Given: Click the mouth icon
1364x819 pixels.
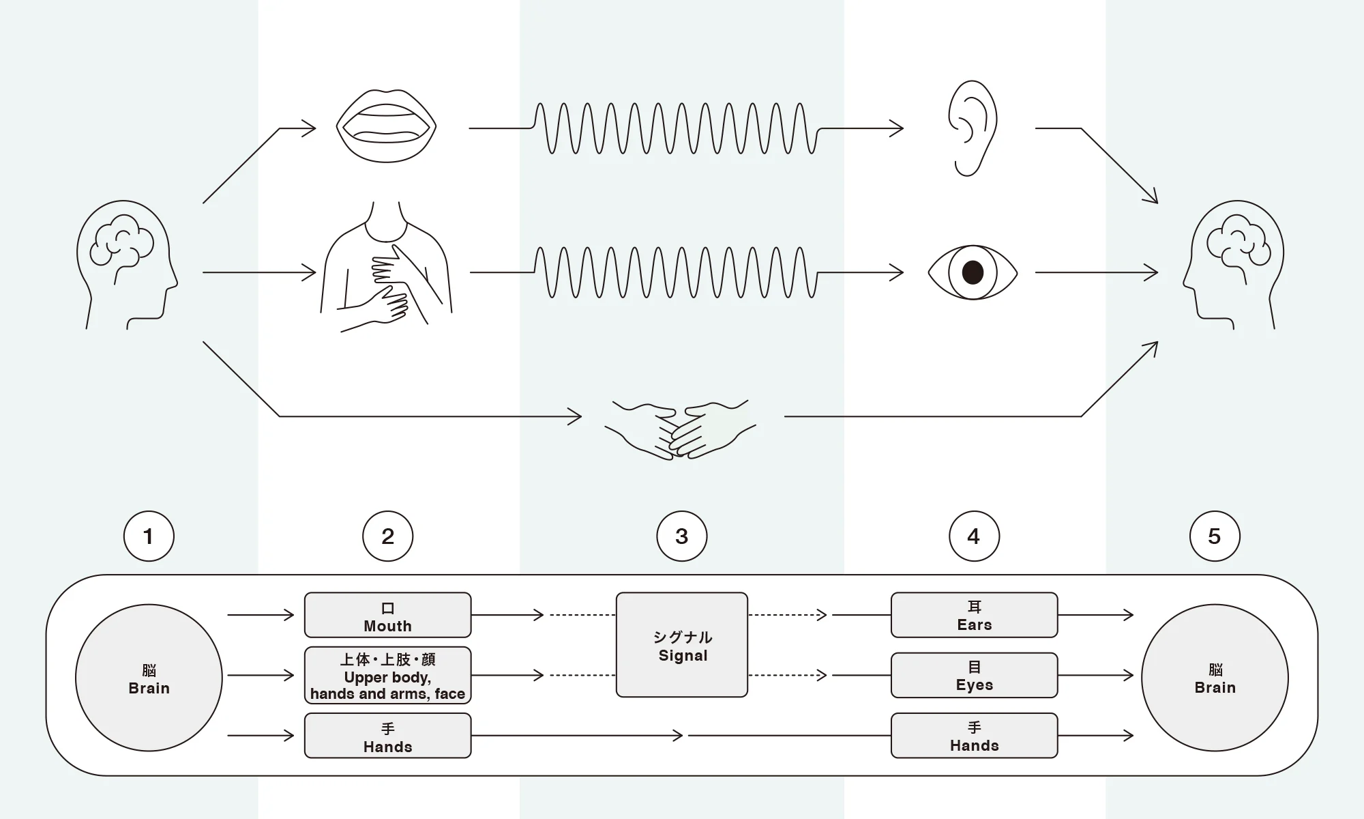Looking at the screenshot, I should point(386,126).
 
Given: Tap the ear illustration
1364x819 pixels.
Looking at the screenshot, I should point(972,128).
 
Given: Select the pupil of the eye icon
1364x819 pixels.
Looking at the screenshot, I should point(973,272).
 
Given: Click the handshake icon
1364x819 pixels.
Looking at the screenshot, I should point(680,429).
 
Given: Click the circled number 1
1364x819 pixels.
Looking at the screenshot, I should point(149,536).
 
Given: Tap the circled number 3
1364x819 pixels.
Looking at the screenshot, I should point(682,536).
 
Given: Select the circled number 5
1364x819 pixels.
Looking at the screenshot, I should point(1215,536).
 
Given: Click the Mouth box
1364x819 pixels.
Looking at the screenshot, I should point(387,615).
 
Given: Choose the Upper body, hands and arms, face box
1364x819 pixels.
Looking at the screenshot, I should point(387,675).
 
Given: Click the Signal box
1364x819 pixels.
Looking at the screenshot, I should point(682,645).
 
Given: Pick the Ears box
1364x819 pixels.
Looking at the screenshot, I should point(974,615).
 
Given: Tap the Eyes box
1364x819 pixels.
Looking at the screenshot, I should point(974,675).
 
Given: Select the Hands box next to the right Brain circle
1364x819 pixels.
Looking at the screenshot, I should point(974,736).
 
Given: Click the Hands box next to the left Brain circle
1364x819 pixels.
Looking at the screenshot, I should point(387,736).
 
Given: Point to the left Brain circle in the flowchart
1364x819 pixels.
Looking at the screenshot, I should point(149,678).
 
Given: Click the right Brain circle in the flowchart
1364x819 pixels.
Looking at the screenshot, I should point(1215,678).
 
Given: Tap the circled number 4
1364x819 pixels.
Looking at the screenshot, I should point(974,536).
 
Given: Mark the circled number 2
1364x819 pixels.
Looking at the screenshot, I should point(387,536).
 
